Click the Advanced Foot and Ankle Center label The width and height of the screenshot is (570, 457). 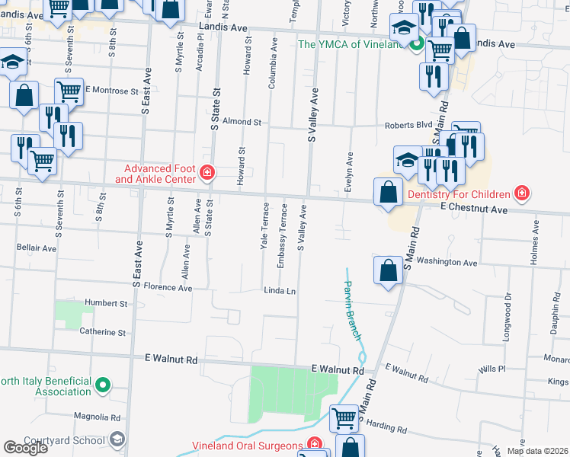155,174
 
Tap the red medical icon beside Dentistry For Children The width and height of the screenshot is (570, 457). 521,193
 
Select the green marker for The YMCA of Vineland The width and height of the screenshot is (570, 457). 416,44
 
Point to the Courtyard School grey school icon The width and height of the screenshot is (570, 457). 117,439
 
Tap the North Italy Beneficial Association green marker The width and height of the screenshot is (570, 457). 104,386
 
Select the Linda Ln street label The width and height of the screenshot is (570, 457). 279,291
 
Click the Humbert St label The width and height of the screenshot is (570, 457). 105,303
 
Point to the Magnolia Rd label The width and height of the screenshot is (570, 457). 98,417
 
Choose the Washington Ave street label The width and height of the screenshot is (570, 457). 447,263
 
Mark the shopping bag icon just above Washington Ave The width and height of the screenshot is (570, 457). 388,270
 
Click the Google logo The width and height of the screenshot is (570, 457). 25,448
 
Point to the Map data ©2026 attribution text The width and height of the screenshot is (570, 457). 536,451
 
